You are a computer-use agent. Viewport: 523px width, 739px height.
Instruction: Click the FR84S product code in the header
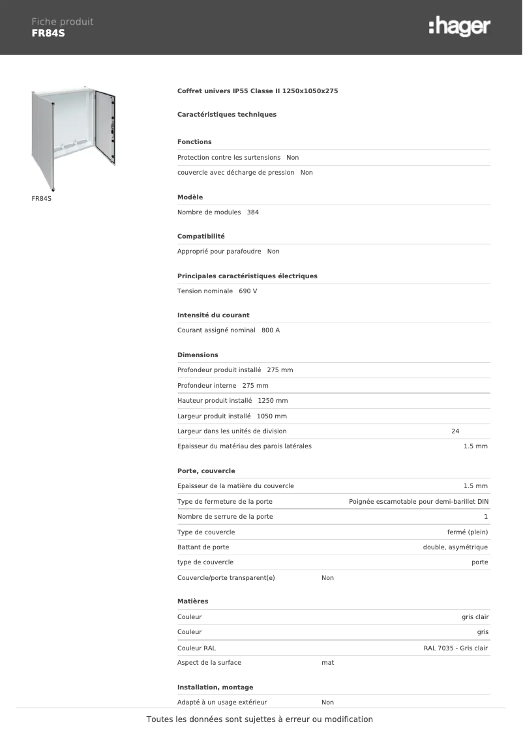[48, 33]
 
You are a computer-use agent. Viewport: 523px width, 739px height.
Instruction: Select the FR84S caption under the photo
[41, 198]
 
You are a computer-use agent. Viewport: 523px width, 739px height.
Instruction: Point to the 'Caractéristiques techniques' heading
[227, 115]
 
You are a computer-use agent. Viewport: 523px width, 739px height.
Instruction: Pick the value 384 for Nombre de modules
[253, 212]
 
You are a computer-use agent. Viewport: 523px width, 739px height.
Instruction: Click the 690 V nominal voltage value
[248, 291]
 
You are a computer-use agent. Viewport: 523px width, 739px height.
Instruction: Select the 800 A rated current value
[271, 330]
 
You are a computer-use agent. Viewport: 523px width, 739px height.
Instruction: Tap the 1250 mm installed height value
[273, 401]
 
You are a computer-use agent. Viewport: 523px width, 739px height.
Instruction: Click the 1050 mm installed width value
[272, 416]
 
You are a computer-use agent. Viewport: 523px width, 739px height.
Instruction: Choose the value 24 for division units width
[455, 431]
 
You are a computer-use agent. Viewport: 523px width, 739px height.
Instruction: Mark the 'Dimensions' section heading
[198, 355]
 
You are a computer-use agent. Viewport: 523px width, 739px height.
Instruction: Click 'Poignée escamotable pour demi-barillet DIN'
[419, 501]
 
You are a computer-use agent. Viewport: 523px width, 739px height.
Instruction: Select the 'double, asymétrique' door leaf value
[455, 547]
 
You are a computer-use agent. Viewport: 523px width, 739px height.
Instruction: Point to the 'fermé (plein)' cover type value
[464, 532]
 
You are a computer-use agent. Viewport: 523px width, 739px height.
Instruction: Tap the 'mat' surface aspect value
[327, 662]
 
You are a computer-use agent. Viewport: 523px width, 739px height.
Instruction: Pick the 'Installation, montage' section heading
[215, 688]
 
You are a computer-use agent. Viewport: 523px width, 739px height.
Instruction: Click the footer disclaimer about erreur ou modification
[260, 719]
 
